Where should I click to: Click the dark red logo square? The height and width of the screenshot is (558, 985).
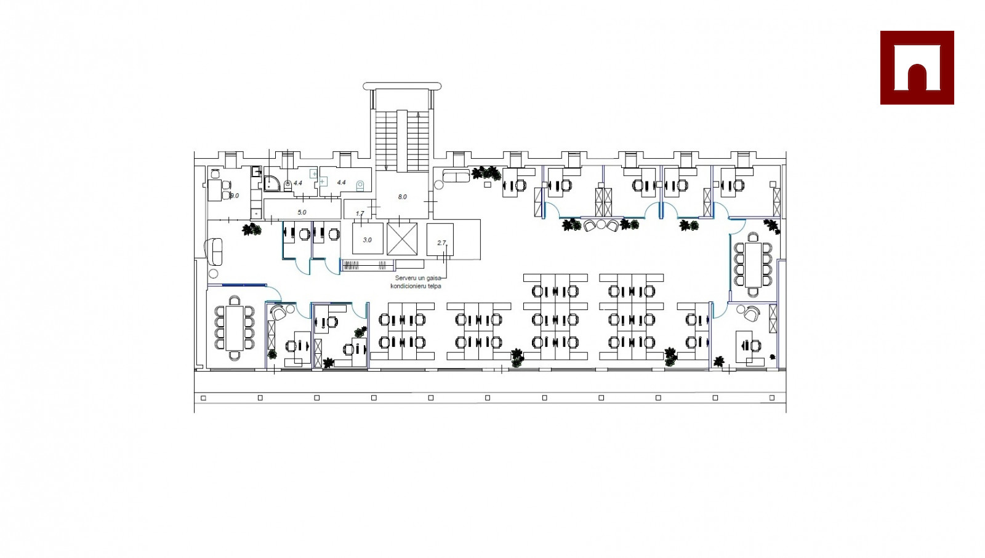917,68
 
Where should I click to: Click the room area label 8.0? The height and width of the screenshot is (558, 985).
402,197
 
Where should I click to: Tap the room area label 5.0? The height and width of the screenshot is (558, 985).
302,212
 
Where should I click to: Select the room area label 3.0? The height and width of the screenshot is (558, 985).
367,240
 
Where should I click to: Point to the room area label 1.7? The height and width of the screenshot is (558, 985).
360,213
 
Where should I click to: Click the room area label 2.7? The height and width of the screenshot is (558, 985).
441,243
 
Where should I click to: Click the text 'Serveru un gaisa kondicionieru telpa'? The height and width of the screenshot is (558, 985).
417,282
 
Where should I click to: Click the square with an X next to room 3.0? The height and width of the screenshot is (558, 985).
402,239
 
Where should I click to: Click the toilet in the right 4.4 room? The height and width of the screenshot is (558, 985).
360,185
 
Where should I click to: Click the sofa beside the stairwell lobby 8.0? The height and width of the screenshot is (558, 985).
456,177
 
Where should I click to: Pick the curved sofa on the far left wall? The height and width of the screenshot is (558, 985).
214,252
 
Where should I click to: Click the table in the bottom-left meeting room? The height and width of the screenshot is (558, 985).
235,327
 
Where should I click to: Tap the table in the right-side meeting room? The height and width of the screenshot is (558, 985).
753,264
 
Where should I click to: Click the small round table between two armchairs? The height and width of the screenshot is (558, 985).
601,225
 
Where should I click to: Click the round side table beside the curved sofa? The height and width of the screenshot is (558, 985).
214,274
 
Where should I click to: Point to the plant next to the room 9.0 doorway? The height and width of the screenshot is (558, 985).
251,229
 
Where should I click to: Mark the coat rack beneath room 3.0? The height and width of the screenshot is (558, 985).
368,266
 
